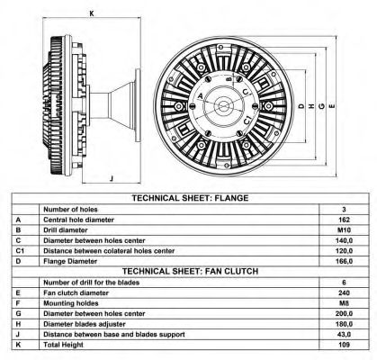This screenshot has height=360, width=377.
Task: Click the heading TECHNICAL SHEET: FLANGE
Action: click(x=190, y=197)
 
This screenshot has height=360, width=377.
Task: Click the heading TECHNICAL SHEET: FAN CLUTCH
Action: click(x=190, y=270)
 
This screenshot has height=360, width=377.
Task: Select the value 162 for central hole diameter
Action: click(x=343, y=219)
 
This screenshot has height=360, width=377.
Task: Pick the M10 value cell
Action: click(x=343, y=229)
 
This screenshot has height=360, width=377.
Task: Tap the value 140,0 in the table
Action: click(x=343, y=239)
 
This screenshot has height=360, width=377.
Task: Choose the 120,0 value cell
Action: click(x=343, y=250)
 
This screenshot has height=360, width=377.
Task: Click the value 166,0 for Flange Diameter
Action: click(x=343, y=260)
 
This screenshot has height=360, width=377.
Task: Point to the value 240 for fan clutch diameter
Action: click(x=343, y=292)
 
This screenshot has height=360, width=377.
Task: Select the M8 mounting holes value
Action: click(x=343, y=301)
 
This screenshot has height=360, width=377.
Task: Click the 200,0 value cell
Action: click(x=343, y=312)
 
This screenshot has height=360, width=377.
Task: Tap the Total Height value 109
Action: click(x=343, y=344)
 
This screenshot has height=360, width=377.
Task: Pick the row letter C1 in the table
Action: click(x=19, y=250)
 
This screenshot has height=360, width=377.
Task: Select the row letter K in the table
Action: click(x=19, y=344)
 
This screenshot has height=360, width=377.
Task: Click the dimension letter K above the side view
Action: click(x=92, y=13)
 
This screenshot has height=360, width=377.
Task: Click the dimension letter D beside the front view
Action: click(x=300, y=105)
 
